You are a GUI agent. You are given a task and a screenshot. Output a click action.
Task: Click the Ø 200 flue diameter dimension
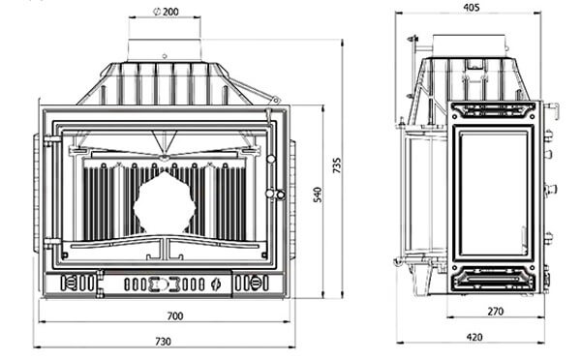pos(166,12)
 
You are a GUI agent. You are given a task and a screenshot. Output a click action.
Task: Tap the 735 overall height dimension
pos(337,165)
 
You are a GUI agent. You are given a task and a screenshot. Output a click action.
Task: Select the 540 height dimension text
pos(318,195)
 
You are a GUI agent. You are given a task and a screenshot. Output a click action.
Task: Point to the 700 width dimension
pos(175,315)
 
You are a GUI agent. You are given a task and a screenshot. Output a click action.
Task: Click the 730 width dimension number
pos(163,341)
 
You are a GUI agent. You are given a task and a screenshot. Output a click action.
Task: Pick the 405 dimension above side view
pos(472,7)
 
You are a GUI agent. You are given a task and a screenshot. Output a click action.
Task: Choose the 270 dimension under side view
pos(496,311)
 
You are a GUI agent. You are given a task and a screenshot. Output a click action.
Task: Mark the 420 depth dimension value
pos(474,337)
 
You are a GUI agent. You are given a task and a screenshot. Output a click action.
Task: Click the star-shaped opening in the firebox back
pos(165,203)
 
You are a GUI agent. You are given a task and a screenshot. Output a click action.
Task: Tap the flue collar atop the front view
pos(165,49)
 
